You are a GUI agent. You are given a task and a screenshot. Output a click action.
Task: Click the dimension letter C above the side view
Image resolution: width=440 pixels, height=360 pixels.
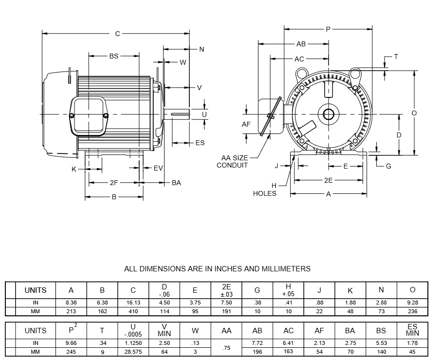tap(117, 34)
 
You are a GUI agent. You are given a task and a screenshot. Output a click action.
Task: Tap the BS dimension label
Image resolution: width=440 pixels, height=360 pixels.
tap(114, 56)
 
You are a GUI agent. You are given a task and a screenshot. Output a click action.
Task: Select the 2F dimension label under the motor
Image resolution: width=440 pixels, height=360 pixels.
tap(114, 183)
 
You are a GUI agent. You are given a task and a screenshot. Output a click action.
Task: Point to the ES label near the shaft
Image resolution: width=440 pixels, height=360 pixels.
tap(200, 143)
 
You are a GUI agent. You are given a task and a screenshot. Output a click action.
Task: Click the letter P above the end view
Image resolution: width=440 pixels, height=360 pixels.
tap(328, 29)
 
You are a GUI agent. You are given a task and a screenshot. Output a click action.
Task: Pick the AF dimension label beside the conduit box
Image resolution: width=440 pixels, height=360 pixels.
tap(246, 124)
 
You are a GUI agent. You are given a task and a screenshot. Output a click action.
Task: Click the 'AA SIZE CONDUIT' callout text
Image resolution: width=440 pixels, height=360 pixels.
tap(232, 161)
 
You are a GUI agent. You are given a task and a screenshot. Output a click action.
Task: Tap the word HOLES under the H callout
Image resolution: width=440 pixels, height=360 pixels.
tap(264, 193)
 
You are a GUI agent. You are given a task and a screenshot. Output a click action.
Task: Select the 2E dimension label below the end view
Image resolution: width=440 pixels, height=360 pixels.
tap(329, 180)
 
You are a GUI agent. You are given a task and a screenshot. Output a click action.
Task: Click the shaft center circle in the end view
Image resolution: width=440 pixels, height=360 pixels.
tap(328, 114)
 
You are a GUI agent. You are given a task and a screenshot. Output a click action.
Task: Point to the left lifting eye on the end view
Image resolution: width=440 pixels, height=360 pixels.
tap(301, 74)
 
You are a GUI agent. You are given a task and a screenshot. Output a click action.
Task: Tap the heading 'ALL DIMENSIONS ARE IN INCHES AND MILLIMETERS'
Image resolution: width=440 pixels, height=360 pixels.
tap(217, 268)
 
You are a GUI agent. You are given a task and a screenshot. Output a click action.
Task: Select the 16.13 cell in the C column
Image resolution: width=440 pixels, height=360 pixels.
tap(133, 303)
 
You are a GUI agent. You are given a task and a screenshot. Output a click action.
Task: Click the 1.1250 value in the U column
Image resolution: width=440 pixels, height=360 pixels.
tap(133, 342)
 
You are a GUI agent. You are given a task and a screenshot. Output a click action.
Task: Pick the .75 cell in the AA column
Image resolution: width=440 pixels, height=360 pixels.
tap(226, 348)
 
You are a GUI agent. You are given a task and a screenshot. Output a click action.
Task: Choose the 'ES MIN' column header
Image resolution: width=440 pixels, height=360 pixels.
tap(412, 330)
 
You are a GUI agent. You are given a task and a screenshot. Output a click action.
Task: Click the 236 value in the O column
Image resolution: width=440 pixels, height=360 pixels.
tap(412, 311)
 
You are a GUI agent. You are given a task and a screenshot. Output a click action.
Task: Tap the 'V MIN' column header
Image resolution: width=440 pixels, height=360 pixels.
tap(165, 330)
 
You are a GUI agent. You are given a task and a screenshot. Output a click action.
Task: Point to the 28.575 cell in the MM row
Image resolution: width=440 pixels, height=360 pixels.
tap(133, 351)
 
